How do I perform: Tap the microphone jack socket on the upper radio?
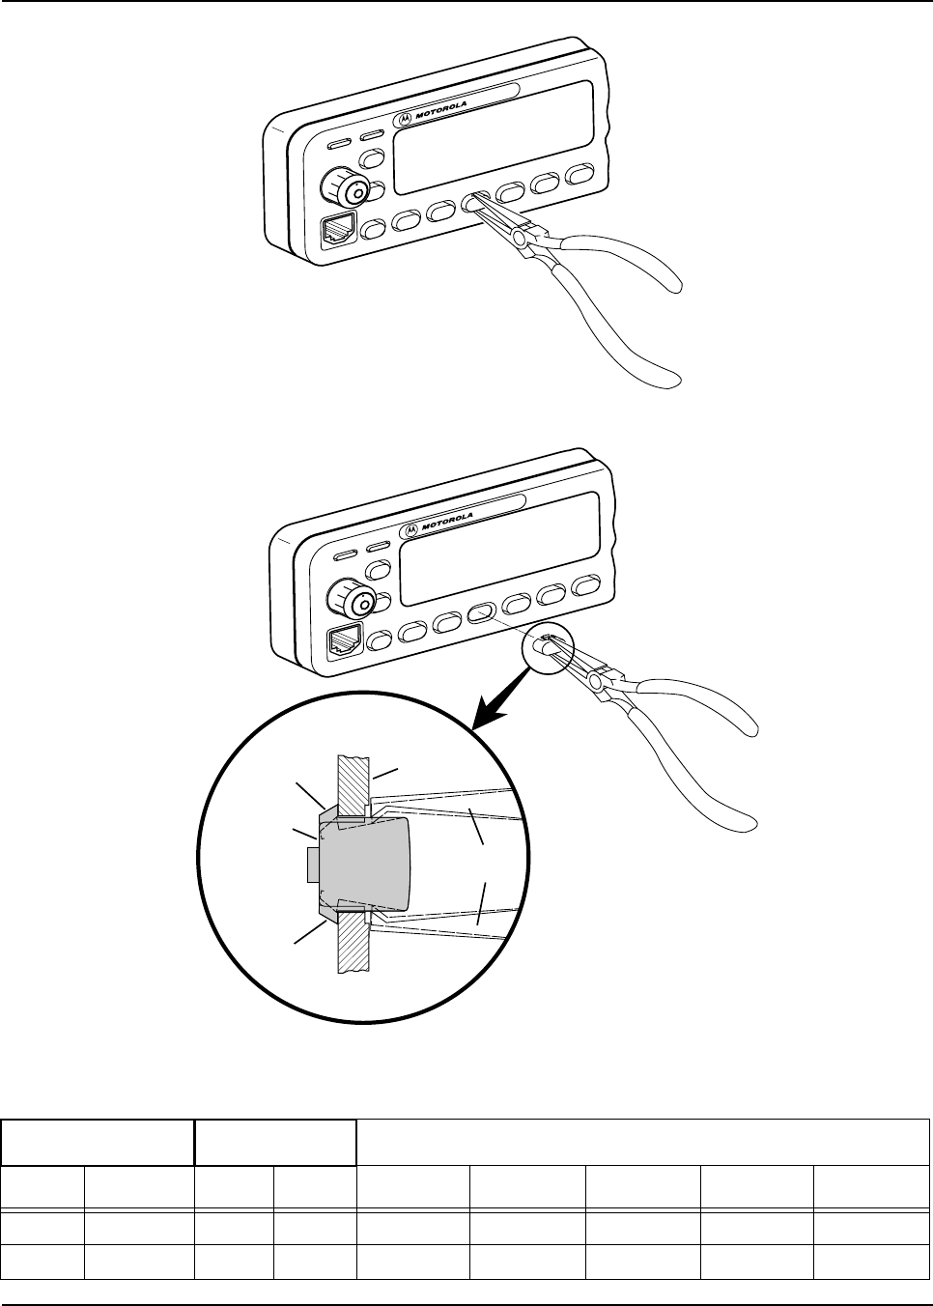tap(339, 231)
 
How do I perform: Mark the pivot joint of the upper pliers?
tap(522, 238)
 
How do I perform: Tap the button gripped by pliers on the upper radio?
tap(475, 201)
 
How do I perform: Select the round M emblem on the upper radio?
tap(406, 118)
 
